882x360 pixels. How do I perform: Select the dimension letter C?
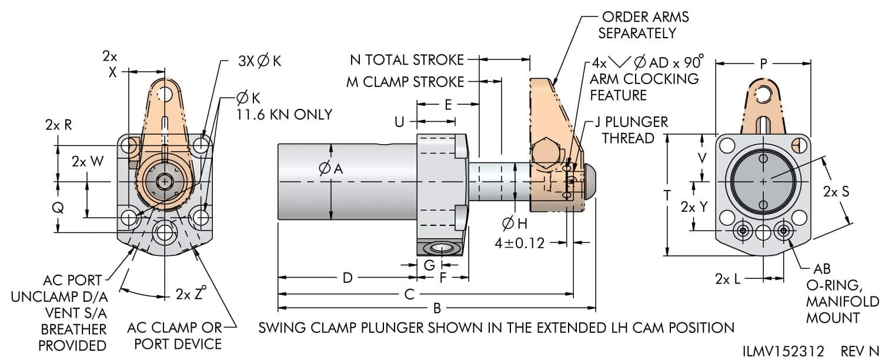[410, 293]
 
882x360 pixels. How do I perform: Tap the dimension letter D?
[348, 278]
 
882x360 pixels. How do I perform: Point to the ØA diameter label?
[330, 169]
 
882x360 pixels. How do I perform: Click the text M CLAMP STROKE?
[405, 82]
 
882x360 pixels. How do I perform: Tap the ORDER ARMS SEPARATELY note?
[643, 25]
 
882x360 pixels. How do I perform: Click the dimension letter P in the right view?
[763, 64]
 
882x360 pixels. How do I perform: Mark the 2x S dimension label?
[836, 192]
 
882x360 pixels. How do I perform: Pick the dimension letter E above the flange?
[448, 105]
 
